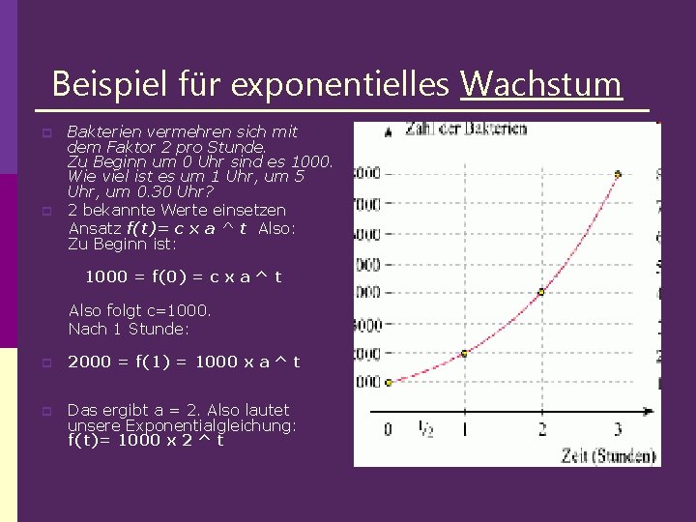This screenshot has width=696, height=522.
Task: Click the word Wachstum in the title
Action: click(540, 84)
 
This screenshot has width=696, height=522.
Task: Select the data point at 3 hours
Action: click(618, 175)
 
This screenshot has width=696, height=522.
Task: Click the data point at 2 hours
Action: click(540, 291)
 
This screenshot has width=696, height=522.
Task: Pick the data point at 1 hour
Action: click(464, 353)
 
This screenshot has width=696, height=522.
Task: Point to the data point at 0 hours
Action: click(389, 382)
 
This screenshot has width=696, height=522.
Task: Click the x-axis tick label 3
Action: click(618, 429)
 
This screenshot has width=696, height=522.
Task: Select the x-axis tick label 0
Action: click(388, 429)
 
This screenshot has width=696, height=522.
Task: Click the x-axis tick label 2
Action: click(541, 429)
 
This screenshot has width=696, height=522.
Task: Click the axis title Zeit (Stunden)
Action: click(608, 454)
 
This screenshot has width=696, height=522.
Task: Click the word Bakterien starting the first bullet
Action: click(96, 131)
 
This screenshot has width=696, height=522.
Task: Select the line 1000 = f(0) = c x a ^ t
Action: click(184, 276)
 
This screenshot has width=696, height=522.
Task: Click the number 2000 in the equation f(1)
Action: click(87, 362)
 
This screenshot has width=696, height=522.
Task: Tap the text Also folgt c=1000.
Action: click(140, 310)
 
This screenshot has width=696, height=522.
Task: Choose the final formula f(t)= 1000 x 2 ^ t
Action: click(145, 440)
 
